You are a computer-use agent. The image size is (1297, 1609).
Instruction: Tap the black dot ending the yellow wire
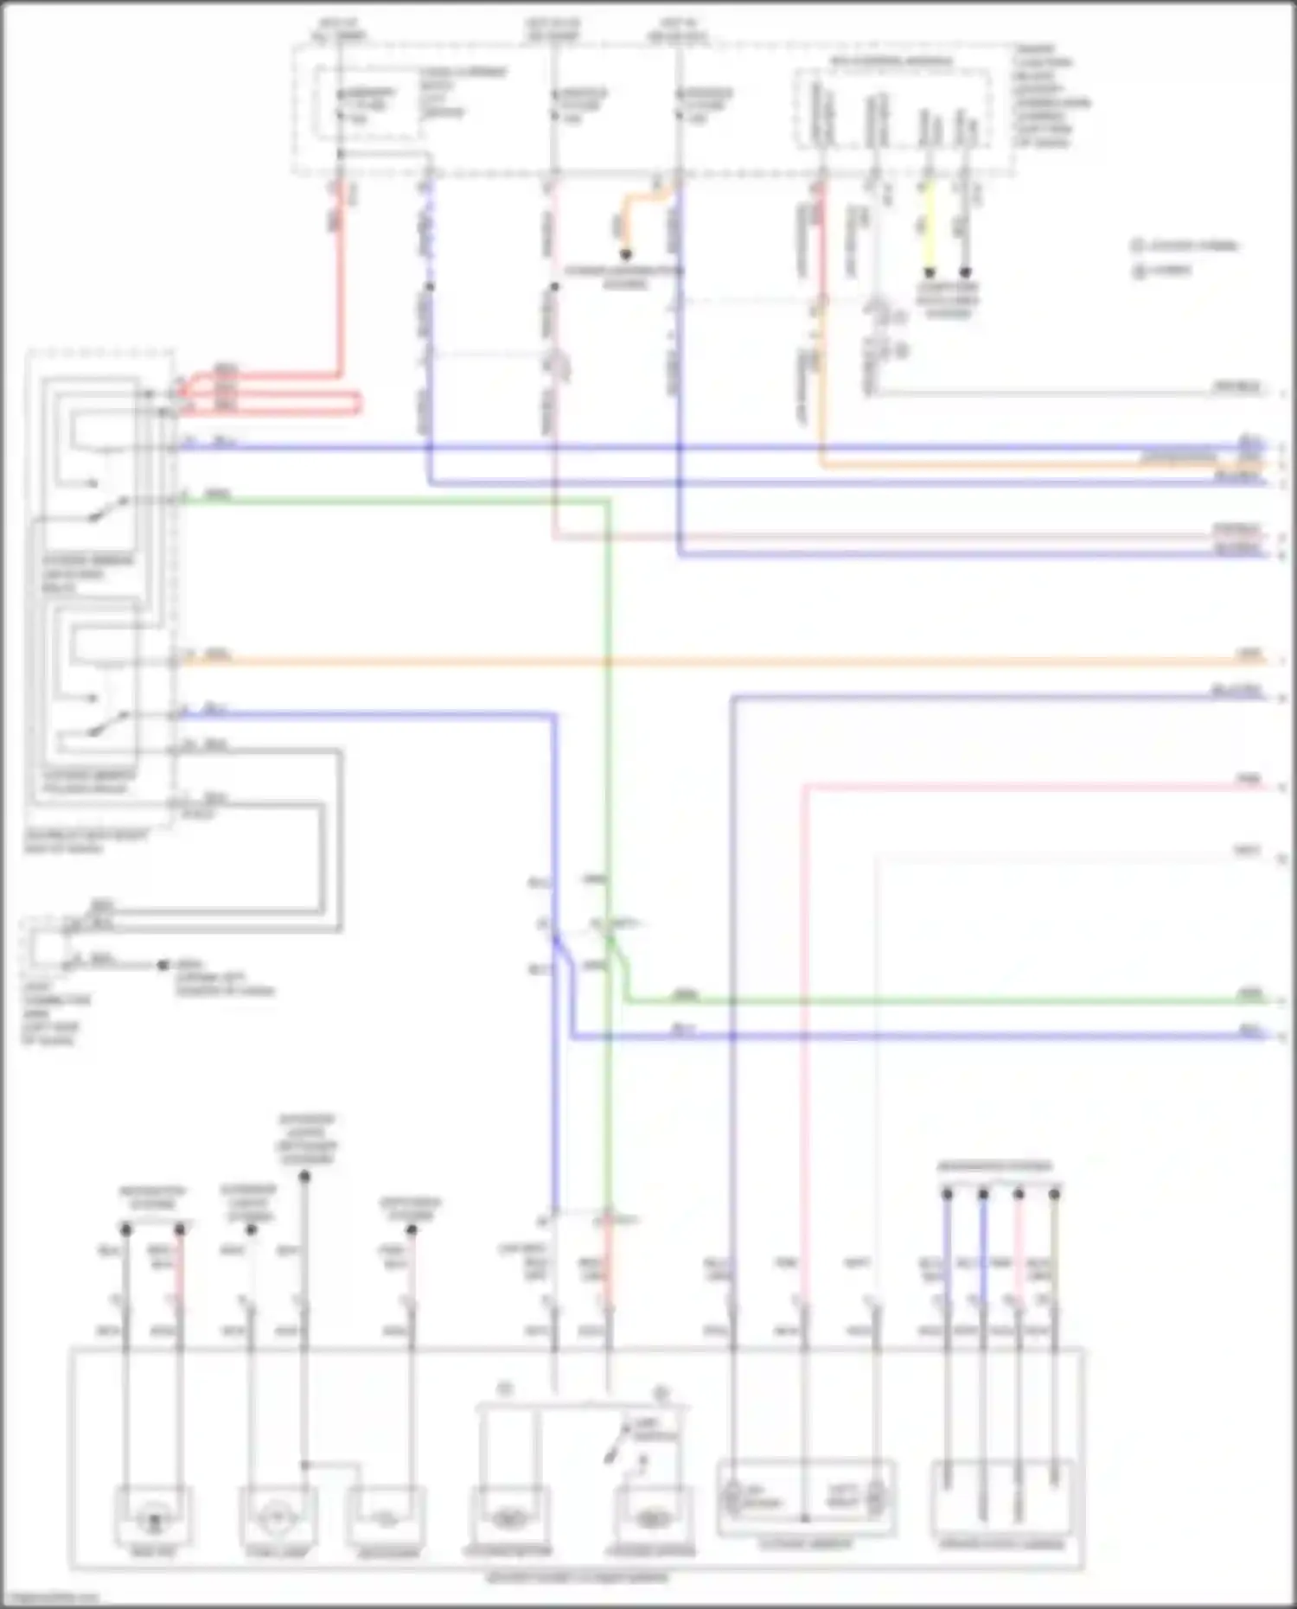(930, 272)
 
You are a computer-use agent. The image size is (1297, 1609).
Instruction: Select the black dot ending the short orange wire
(625, 255)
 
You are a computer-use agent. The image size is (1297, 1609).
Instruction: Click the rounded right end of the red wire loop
(357, 403)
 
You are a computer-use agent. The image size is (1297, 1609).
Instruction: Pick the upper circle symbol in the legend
(1138, 246)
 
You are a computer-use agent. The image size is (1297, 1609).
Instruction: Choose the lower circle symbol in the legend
(1138, 271)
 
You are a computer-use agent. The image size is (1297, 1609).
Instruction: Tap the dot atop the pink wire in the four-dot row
(1019, 1194)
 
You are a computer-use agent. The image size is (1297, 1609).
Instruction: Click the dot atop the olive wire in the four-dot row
(1054, 1194)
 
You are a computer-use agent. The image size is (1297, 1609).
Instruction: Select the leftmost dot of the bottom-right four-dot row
(947, 1194)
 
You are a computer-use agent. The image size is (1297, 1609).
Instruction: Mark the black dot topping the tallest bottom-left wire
(304, 1177)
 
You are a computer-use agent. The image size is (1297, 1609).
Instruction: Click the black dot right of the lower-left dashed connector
(163, 965)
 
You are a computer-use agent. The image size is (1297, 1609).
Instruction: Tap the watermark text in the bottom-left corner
(52, 1598)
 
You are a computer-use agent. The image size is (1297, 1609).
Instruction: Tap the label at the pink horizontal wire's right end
(1249, 780)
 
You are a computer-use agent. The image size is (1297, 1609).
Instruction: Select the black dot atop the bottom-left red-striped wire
(180, 1229)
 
